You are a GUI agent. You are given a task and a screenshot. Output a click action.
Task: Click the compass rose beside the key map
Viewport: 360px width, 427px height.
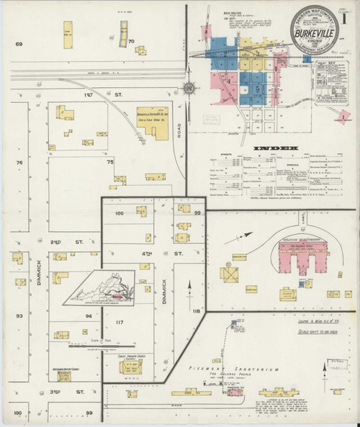coord(189,89)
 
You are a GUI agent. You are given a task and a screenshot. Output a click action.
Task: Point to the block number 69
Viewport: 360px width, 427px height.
coord(19,45)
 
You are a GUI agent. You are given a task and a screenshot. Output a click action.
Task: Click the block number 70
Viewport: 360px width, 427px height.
coord(131,42)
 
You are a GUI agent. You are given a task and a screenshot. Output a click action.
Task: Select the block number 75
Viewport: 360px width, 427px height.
coord(111,163)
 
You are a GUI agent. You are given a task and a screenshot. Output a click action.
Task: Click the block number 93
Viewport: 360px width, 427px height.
coord(19,315)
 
